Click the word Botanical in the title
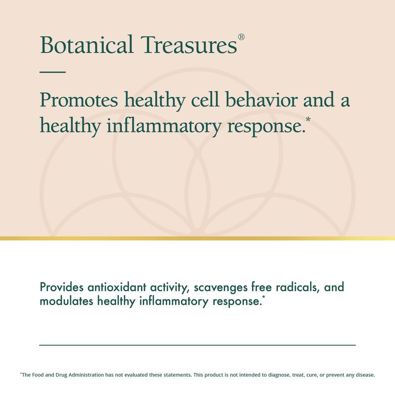pos(86,44)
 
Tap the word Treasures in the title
pos(189,44)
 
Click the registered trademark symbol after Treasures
pos(241,37)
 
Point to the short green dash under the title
pos(53,72)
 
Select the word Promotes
pos(79,100)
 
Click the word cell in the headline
pos(205,100)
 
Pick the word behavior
pos(261,100)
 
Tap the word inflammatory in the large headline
pos(164,125)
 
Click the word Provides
pos(62,287)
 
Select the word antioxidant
pos(117,287)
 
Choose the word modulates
pos(67,301)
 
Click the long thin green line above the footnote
pos(197,345)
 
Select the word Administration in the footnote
pos(86,375)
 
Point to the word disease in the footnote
pos(365,375)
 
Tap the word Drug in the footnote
pos(61,375)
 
